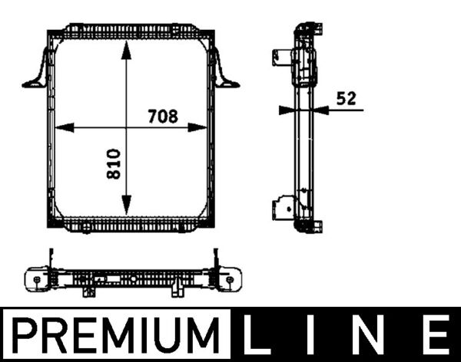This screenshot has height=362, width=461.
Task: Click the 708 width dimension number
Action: pyautogui.click(x=162, y=117)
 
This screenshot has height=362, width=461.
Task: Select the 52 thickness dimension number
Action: pyautogui.click(x=348, y=97)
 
